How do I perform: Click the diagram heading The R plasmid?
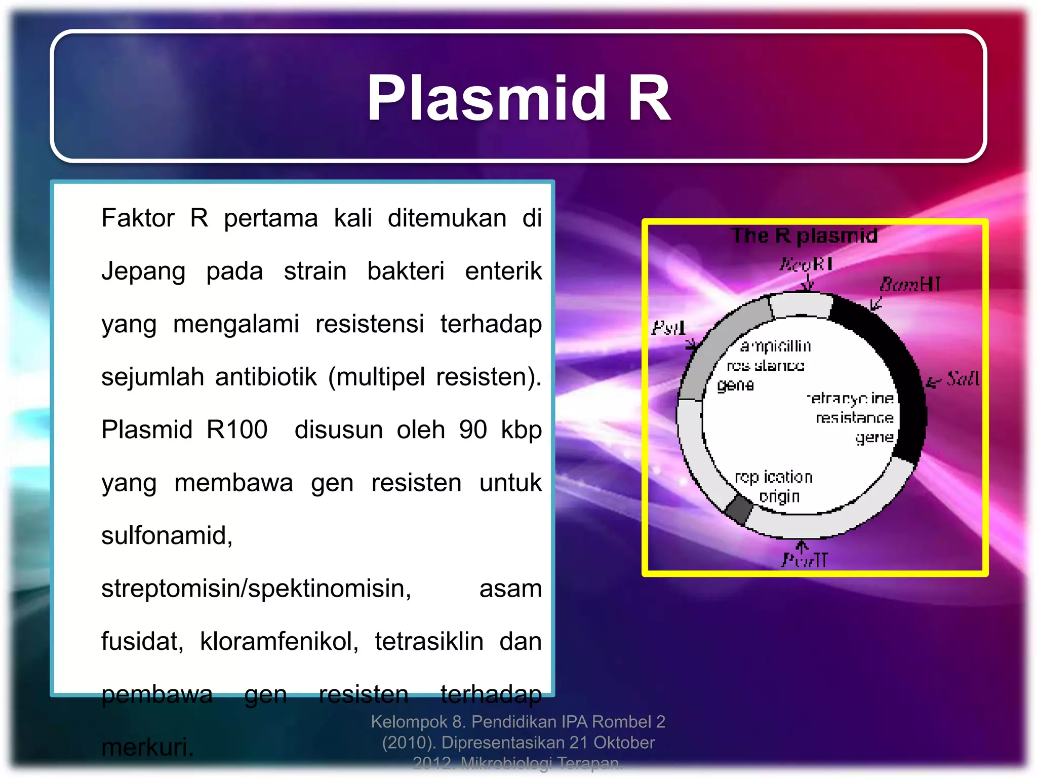(804, 236)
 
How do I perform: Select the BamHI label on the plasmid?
(910, 284)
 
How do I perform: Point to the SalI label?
(962, 378)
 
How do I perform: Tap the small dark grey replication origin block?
(739, 509)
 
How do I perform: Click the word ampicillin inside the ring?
(775, 346)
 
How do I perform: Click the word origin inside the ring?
(779, 496)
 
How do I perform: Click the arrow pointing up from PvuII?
(802, 546)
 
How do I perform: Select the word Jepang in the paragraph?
(143, 271)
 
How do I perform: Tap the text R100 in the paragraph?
(236, 430)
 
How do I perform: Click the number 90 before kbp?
(473, 430)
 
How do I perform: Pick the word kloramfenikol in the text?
(279, 641)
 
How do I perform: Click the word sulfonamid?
(167, 535)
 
